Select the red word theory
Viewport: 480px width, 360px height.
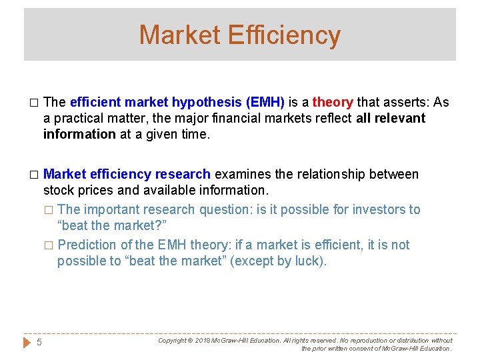click(333, 102)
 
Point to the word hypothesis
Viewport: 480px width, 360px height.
click(206, 102)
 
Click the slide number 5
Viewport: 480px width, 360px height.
click(39, 342)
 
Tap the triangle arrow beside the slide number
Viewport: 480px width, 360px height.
click(27, 342)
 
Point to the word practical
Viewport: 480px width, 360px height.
click(77, 118)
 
